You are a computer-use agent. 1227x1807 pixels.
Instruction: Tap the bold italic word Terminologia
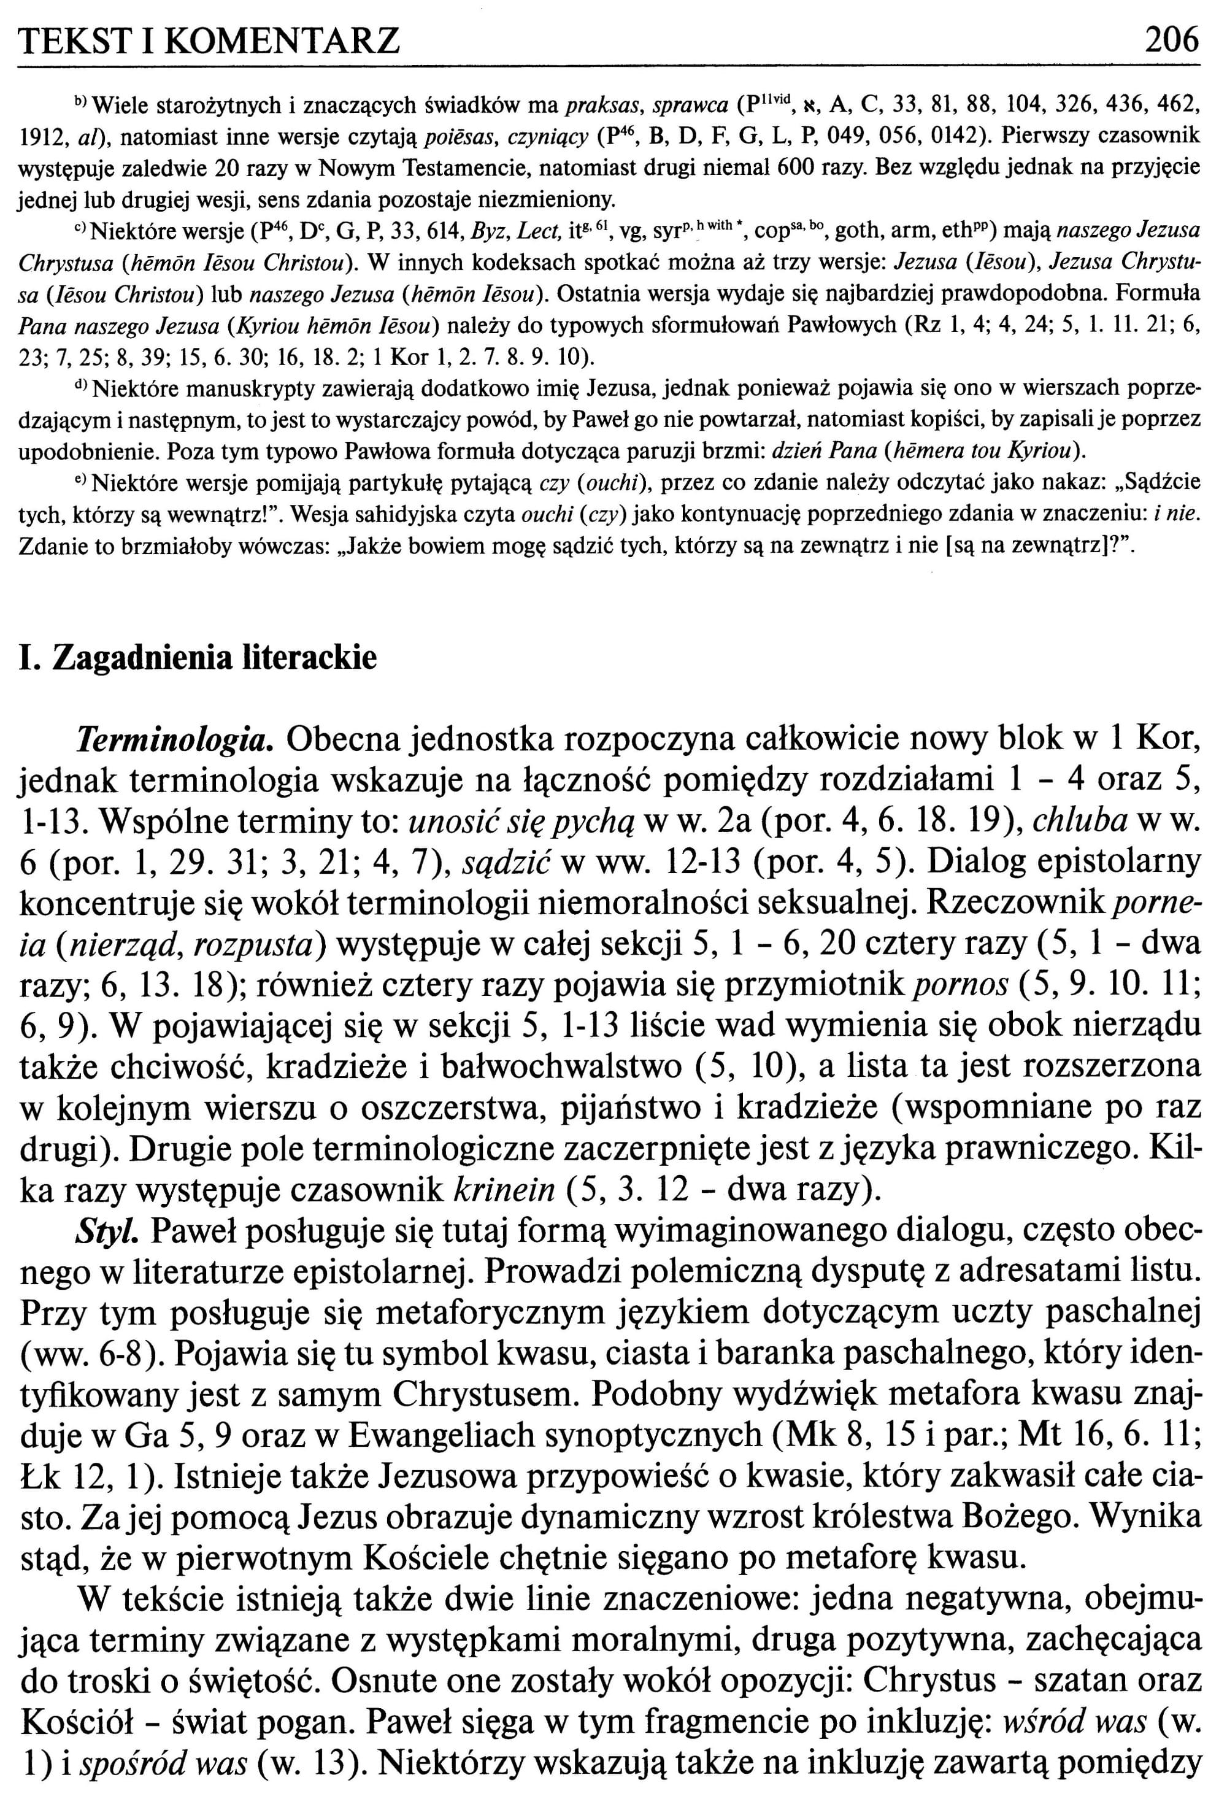point(174,738)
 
